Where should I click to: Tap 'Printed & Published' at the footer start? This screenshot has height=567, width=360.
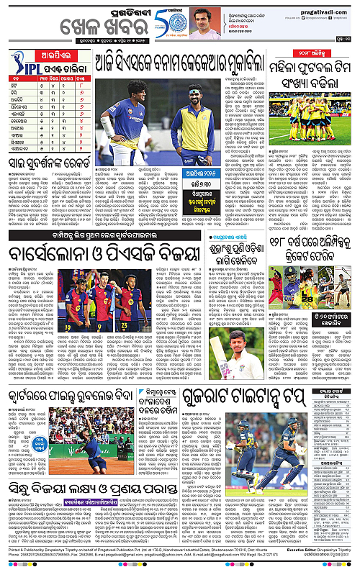(x=21, y=550)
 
